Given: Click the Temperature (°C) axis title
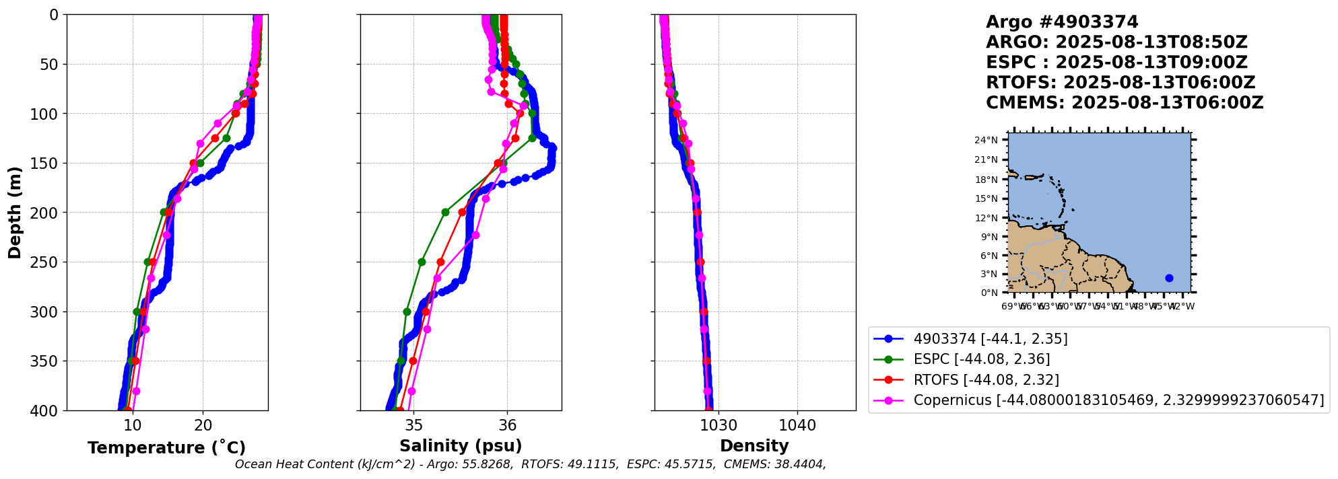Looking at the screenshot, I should click(x=166, y=448).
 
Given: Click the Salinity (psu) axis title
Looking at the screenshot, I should click(x=461, y=446).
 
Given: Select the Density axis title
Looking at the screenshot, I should click(x=754, y=446).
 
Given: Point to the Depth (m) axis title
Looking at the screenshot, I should click(x=15, y=213).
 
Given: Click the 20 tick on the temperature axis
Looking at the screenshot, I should click(x=203, y=425).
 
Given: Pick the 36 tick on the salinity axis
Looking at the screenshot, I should click(x=507, y=425).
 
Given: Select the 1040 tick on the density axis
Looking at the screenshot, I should click(x=797, y=425).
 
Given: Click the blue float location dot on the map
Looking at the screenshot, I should click(x=1169, y=278).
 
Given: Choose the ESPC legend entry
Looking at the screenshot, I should click(x=981, y=359).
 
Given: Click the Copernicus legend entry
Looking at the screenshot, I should click(x=1118, y=400).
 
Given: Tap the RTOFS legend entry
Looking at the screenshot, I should click(x=986, y=380).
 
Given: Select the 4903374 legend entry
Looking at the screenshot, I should click(x=990, y=339).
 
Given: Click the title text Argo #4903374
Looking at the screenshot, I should click(x=1062, y=22).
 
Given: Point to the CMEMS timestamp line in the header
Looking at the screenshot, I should click(x=1125, y=103).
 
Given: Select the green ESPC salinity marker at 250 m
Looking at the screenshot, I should click(x=422, y=262).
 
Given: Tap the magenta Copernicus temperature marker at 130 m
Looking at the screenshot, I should click(x=200, y=143).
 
